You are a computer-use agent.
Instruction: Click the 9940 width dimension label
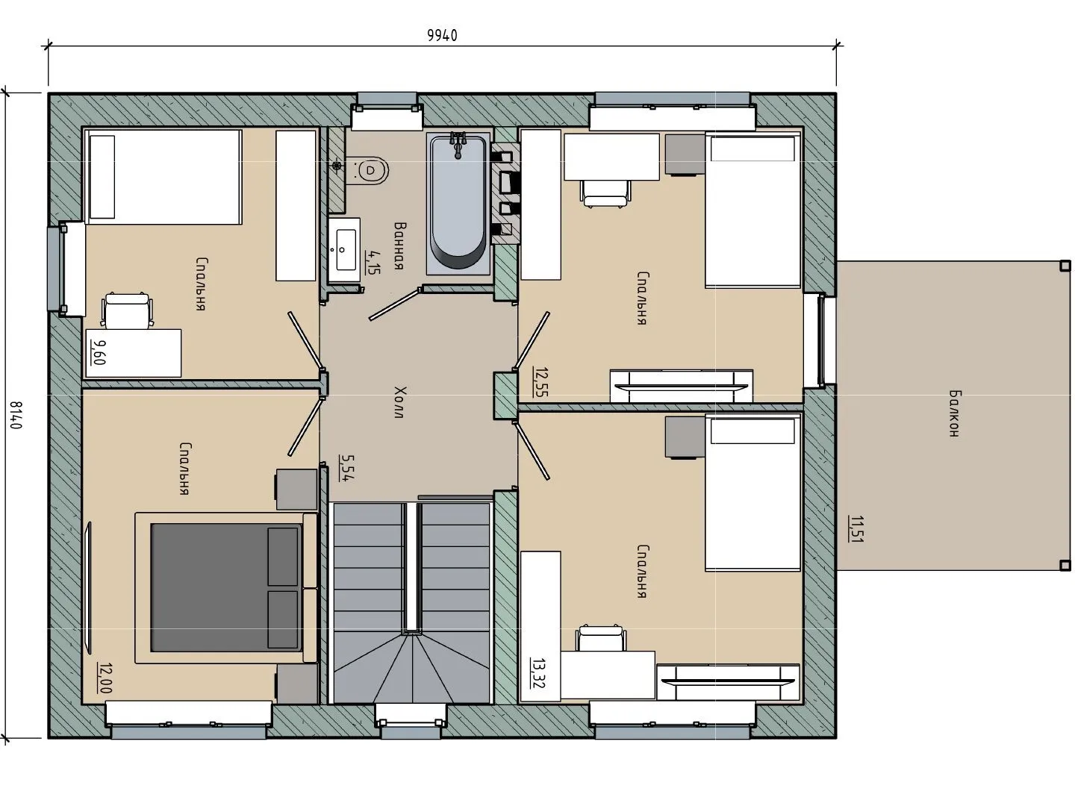(x=442, y=35)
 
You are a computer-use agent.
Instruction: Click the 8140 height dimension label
(x=16, y=415)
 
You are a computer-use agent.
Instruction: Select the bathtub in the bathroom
(x=458, y=202)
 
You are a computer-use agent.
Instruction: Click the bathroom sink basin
(x=345, y=250)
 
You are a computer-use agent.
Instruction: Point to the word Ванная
(x=400, y=246)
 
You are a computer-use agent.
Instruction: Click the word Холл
(x=400, y=402)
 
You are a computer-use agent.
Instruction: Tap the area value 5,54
(x=346, y=469)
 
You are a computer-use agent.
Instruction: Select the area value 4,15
(x=373, y=262)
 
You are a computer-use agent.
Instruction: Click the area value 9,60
(x=98, y=352)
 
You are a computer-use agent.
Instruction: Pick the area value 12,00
(x=105, y=678)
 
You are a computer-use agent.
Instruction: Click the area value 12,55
(x=541, y=381)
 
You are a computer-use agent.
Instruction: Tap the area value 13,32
(x=537, y=673)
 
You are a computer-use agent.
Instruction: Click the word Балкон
(x=954, y=413)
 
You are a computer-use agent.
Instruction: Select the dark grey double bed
(x=226, y=588)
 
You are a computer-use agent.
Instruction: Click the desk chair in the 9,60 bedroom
(x=127, y=310)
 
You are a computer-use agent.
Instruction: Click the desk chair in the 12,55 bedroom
(x=605, y=194)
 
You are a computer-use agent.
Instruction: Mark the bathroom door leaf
(x=394, y=304)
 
